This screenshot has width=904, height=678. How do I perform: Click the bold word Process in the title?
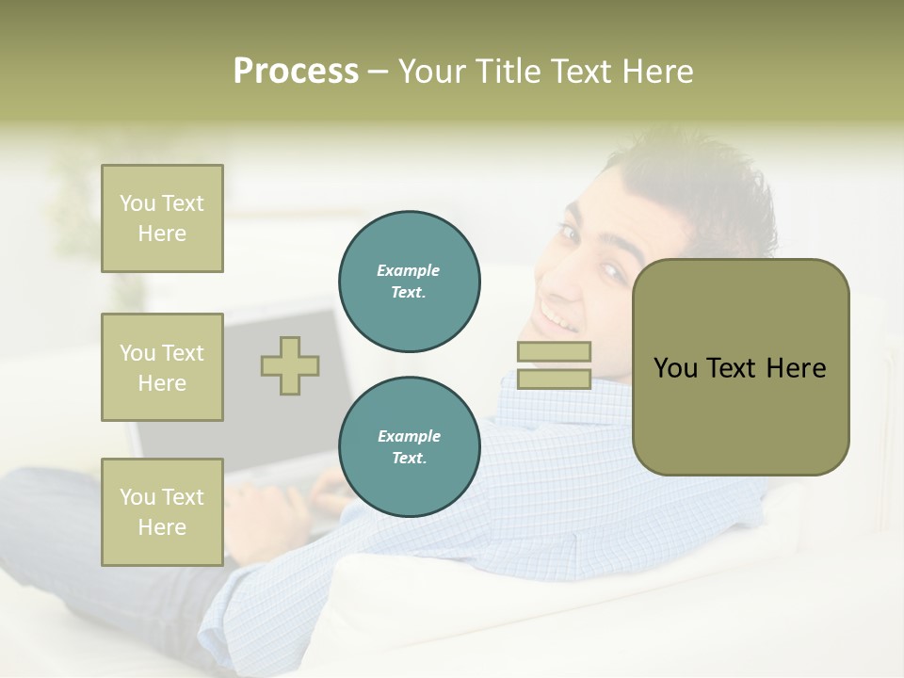[x=296, y=72]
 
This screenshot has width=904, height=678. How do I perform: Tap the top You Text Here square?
[x=162, y=218]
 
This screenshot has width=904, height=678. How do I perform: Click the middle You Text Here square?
[x=162, y=367]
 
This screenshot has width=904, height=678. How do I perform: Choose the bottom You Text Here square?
[x=162, y=512]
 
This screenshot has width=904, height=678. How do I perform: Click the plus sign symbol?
[x=290, y=365]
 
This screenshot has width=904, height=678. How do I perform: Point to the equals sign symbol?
[x=554, y=365]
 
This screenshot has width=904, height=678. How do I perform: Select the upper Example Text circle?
[x=410, y=281]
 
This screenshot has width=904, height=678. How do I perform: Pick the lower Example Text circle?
[x=410, y=446]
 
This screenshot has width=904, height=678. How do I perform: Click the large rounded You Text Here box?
[x=740, y=367]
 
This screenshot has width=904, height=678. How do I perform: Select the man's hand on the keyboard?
[x=325, y=490]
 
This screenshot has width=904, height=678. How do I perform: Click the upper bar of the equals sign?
[x=554, y=352]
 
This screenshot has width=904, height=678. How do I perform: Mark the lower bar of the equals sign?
[x=554, y=379]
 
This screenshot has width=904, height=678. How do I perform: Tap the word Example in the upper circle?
[x=408, y=270]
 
